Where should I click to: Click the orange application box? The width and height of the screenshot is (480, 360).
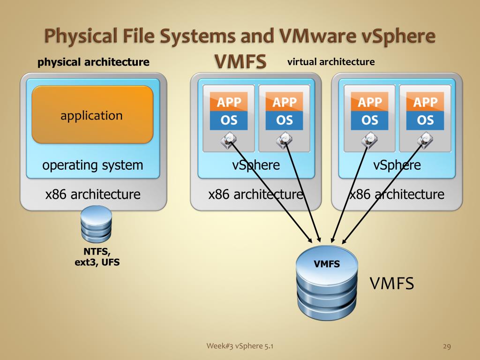pos(92,114)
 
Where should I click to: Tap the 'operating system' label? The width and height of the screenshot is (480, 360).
pos(92,165)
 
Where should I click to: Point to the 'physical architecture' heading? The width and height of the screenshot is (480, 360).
pos(93,62)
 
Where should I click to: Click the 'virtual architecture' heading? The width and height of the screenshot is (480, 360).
pos(331,61)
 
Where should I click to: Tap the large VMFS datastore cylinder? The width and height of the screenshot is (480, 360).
pos(327,284)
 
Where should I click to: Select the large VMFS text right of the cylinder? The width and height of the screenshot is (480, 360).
pos(392,284)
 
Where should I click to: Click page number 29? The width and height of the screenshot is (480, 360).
pos(446,346)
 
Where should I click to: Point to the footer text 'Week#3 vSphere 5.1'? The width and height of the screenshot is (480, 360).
pos(240,346)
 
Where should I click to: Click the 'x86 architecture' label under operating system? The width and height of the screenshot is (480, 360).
pos(93,194)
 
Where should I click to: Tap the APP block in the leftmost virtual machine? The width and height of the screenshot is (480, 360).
pos(229,102)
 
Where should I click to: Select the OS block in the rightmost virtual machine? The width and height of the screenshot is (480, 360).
pos(425,120)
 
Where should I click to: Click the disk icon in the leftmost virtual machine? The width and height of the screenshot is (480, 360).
pos(229,139)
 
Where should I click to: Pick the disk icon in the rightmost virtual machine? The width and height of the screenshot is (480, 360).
pos(425,139)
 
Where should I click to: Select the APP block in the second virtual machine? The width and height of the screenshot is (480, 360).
pos(285,102)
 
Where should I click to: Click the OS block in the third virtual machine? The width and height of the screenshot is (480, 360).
pos(370,120)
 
